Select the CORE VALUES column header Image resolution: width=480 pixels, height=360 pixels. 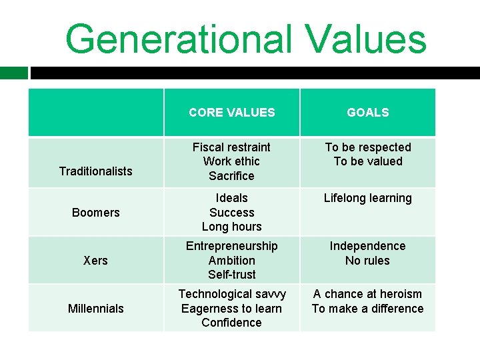231,113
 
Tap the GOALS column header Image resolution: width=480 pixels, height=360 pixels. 367,113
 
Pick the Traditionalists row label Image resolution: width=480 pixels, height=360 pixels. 95,171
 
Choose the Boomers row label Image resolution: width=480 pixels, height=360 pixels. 95,213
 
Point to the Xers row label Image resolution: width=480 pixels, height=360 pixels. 95,261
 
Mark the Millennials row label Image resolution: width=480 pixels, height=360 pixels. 95,309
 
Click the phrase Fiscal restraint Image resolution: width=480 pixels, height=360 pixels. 231,147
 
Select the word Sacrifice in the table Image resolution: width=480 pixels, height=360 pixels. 231,176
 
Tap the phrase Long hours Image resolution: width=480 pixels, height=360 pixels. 231,227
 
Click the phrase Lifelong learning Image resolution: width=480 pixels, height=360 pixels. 367,198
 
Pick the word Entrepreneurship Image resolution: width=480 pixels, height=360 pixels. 231,246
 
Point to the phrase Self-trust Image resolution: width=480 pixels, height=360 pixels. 231,275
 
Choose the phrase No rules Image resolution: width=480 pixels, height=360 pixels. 367,261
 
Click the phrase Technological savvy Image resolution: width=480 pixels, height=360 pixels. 231,294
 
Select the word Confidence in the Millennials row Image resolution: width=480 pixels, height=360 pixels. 231,323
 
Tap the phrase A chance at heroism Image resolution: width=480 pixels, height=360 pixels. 367,294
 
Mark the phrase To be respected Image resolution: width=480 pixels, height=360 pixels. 367,147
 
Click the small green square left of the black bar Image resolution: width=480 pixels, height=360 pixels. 13,73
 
